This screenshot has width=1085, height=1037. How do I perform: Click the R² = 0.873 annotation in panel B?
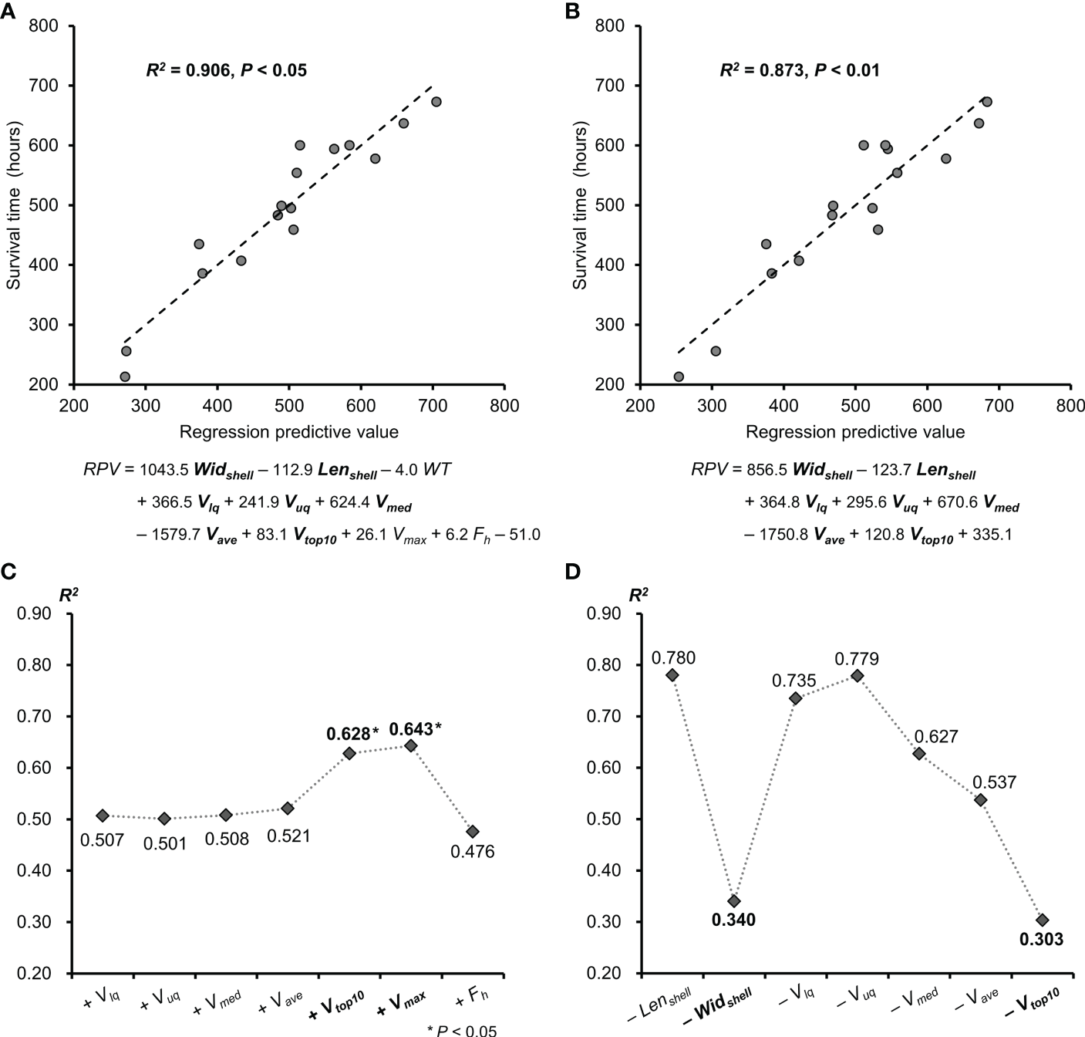[799, 71]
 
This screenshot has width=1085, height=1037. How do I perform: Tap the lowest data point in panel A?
[125, 377]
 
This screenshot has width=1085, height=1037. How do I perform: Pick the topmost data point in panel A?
[436, 102]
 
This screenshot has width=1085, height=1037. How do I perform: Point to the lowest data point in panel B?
[679, 377]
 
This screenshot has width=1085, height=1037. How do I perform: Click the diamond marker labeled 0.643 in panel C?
[411, 745]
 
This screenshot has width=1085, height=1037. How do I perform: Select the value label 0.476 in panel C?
[472, 852]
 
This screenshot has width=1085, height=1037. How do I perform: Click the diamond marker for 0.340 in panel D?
[734, 901]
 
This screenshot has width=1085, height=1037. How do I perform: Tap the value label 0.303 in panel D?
[1042, 940]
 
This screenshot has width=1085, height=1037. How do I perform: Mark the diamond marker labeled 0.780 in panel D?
[672, 675]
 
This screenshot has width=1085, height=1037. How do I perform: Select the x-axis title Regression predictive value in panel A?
[288, 432]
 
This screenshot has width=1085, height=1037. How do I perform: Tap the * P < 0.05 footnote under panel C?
[461, 1030]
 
